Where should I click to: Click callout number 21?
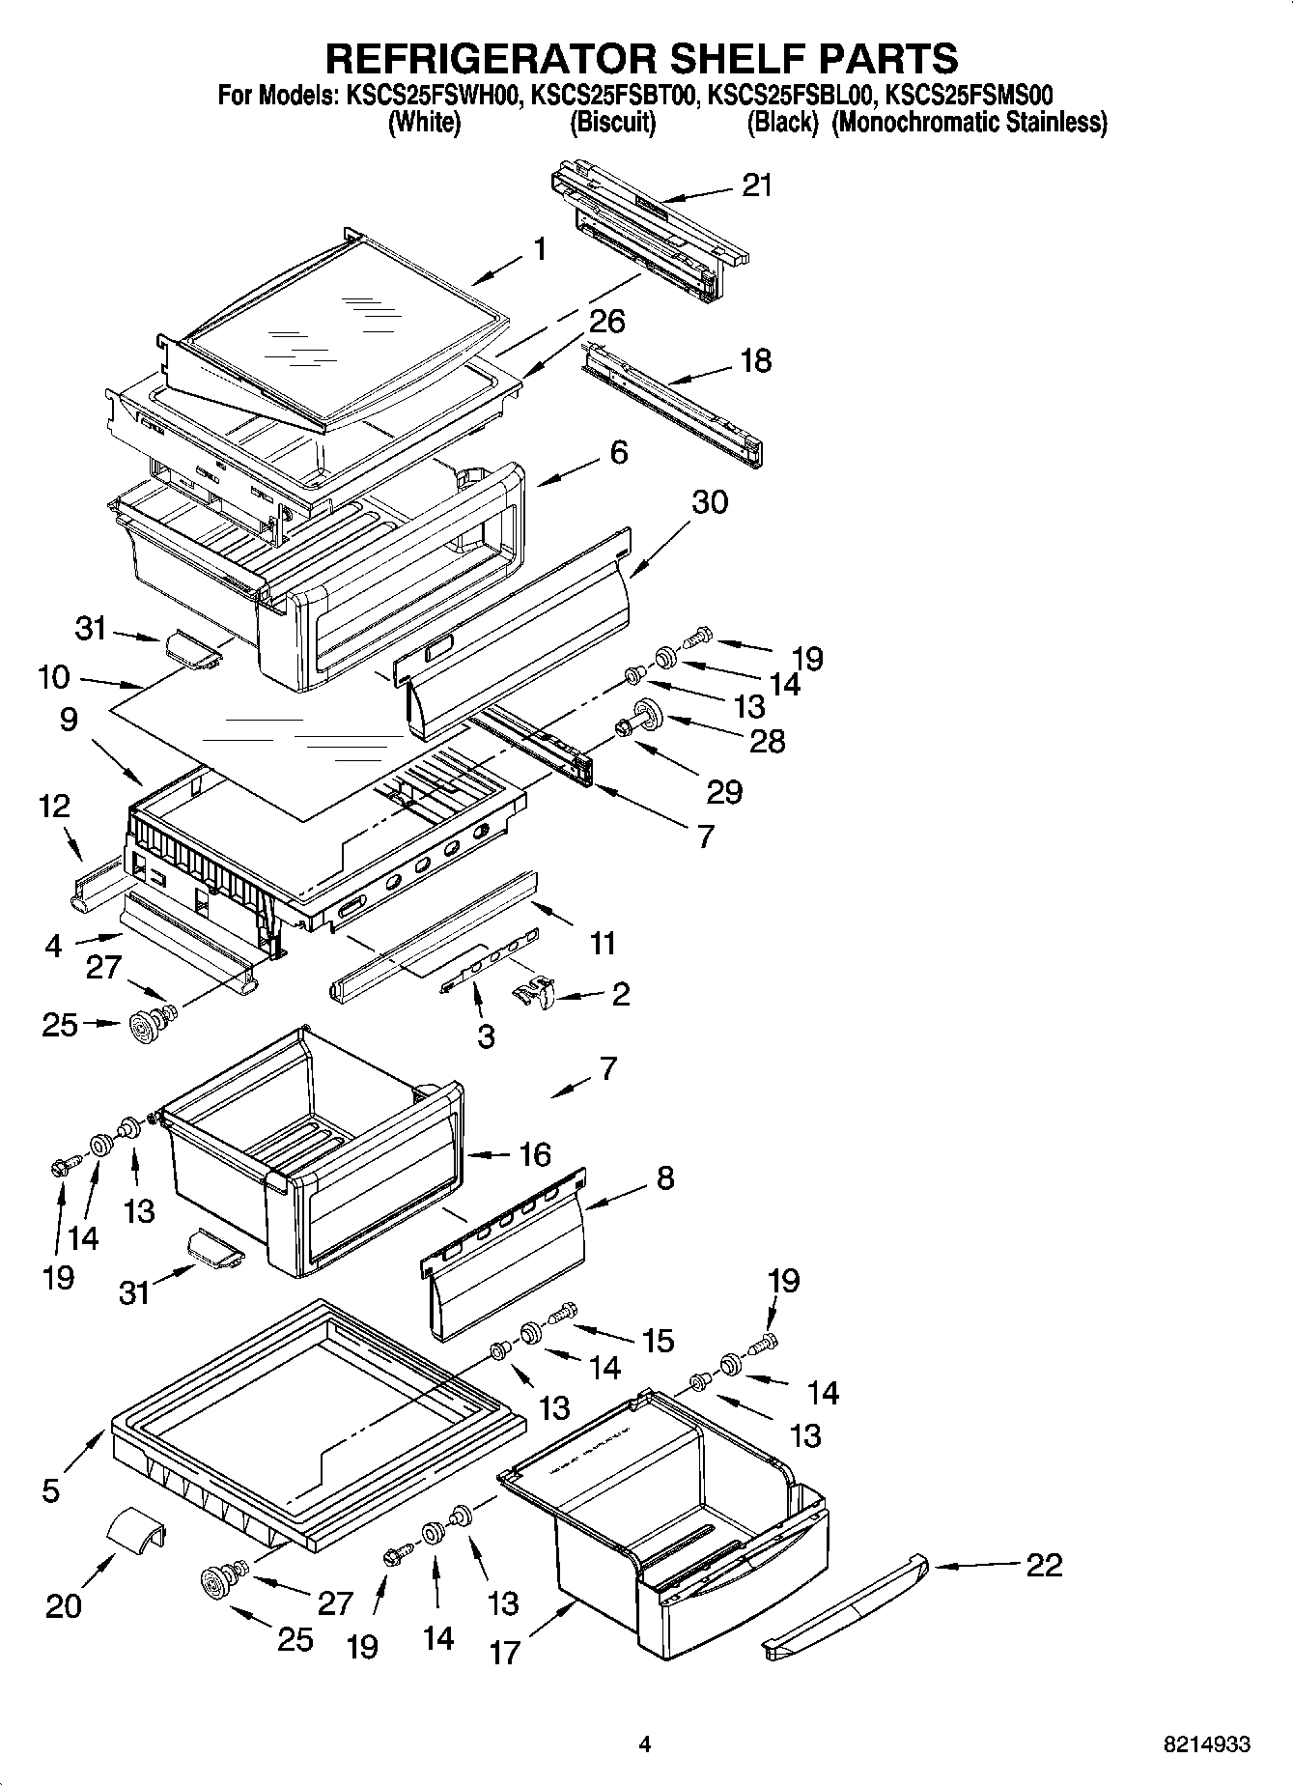pyautogui.click(x=756, y=185)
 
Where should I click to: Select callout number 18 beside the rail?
pyautogui.click(x=755, y=361)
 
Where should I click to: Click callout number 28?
pyautogui.click(x=767, y=742)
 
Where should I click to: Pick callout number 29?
pyautogui.click(x=724, y=791)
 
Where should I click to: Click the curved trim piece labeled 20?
pyautogui.click(x=135, y=1533)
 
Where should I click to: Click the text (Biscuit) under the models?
pyautogui.click(x=612, y=123)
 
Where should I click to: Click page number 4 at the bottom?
pyautogui.click(x=645, y=1744)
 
